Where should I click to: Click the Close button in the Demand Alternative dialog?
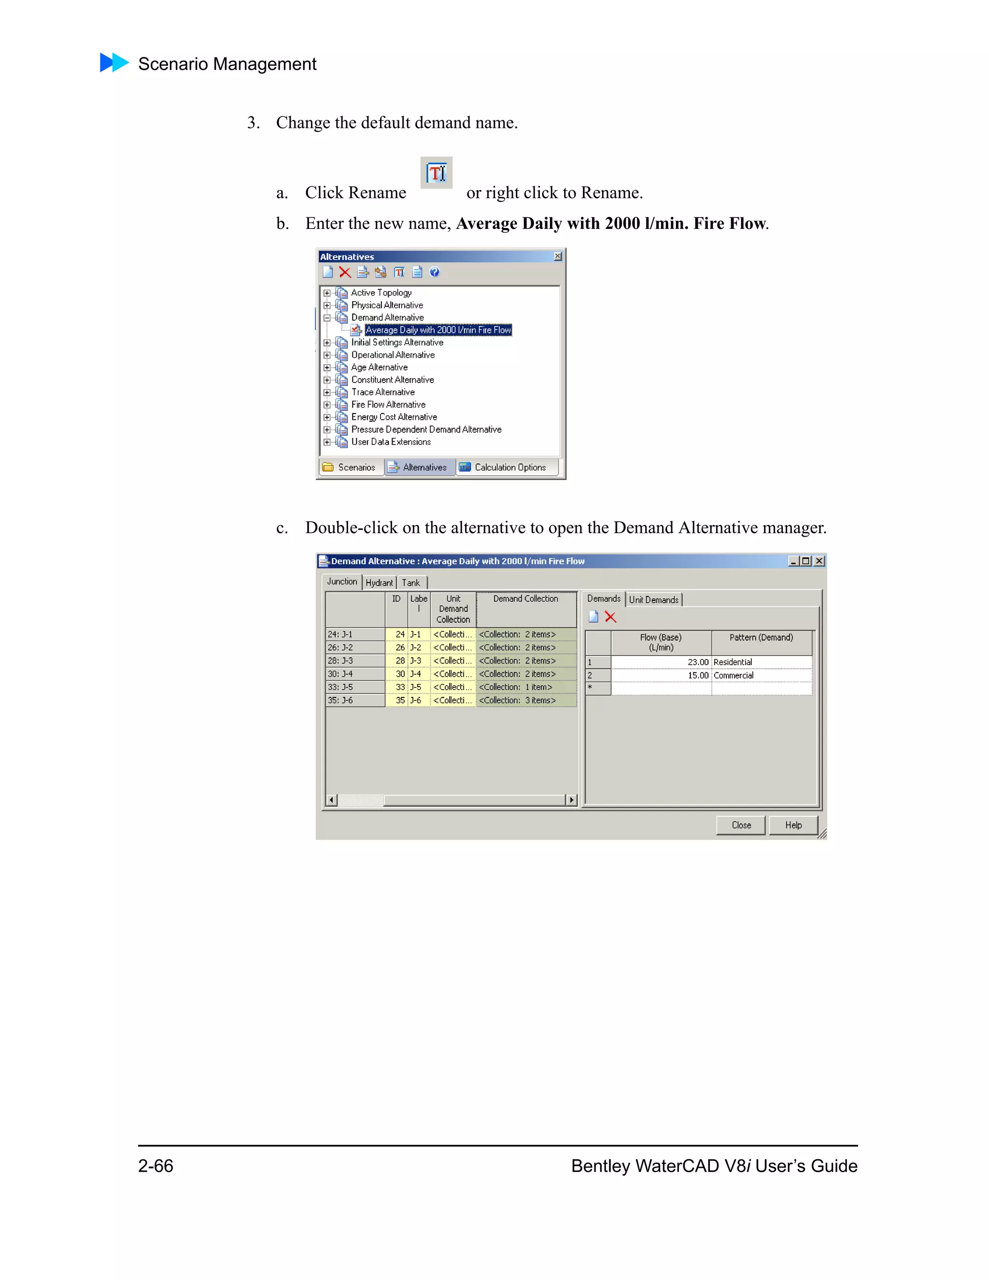741,825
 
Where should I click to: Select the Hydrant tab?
379,583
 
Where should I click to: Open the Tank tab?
411,583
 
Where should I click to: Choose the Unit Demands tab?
653,599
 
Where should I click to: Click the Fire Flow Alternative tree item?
388,404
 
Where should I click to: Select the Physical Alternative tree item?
387,305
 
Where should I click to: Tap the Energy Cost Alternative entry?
394,417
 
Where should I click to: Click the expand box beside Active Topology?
327,292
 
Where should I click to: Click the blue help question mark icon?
434,272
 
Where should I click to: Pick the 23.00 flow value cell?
661,662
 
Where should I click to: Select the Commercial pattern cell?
761,675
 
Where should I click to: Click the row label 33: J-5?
354,687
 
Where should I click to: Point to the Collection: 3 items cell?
525,700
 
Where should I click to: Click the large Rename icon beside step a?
437,173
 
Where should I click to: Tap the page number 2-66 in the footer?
155,1166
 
